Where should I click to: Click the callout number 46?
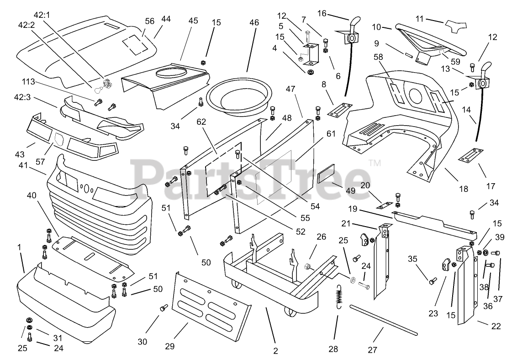pyautogui.click(x=254, y=22)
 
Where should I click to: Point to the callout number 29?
pyautogui.click(x=169, y=346)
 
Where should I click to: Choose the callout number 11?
pyautogui.click(x=420, y=19)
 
